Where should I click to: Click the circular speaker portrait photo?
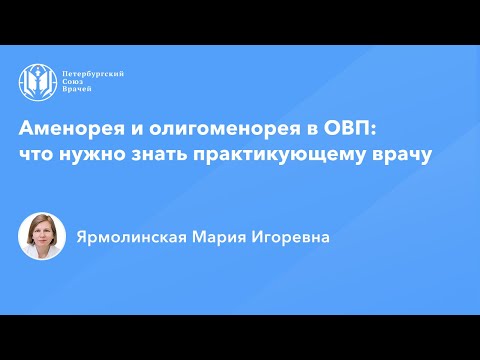tap(42, 237)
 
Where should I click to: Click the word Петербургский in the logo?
tap(94, 74)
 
